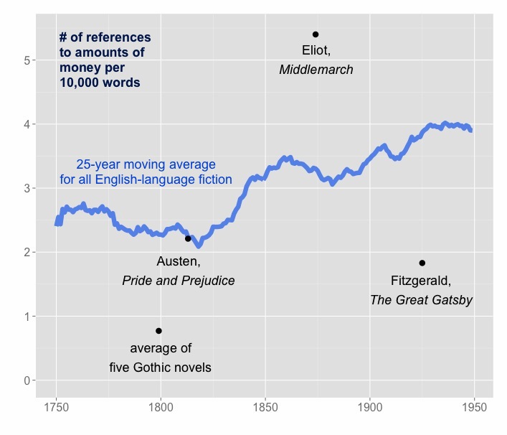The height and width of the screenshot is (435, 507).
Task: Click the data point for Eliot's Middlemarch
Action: pos(315,34)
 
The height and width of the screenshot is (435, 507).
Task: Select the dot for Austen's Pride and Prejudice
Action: pos(188,238)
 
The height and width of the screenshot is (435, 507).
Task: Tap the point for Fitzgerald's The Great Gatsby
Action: pos(422,263)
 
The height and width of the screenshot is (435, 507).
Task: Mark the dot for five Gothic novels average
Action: pos(158,331)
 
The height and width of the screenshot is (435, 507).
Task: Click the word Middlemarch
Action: pos(316,70)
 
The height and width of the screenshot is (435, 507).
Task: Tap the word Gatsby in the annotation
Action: pos(449,300)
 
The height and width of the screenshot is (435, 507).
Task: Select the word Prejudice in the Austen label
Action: pos(207,281)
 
